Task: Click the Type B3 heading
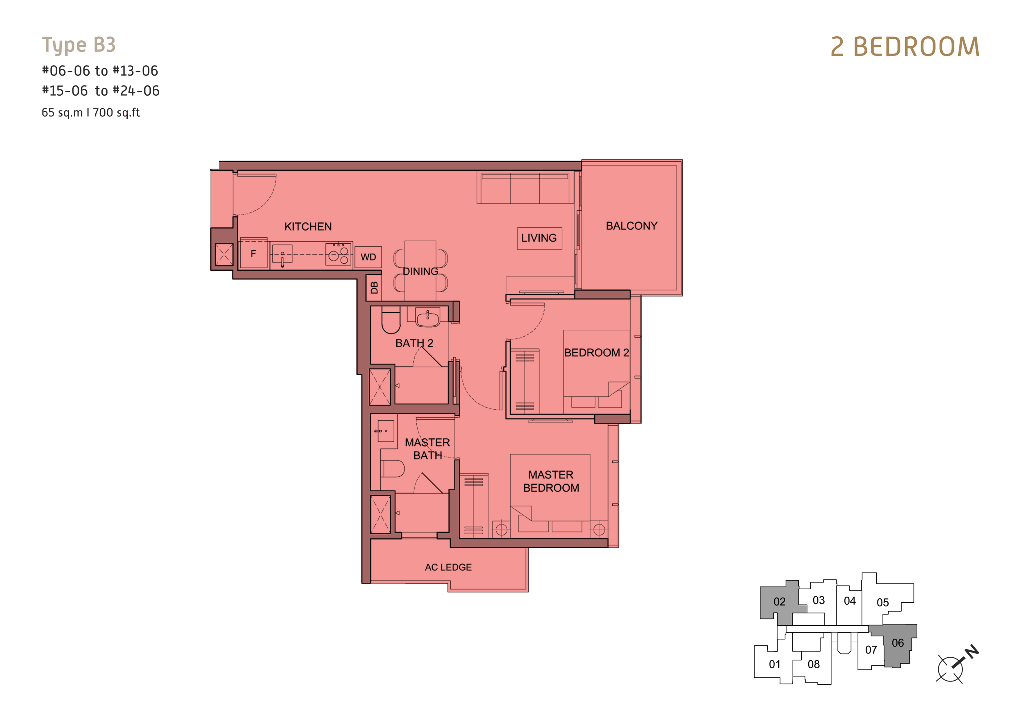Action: (79, 45)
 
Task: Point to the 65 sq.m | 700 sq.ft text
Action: (91, 113)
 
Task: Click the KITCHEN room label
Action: (308, 226)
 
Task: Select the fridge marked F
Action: (254, 254)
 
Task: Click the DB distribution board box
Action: (374, 288)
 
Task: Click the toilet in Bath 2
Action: (391, 320)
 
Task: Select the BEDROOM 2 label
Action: (596, 352)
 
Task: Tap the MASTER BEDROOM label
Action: (551, 481)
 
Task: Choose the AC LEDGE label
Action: (448, 567)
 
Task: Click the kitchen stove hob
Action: (338, 254)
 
